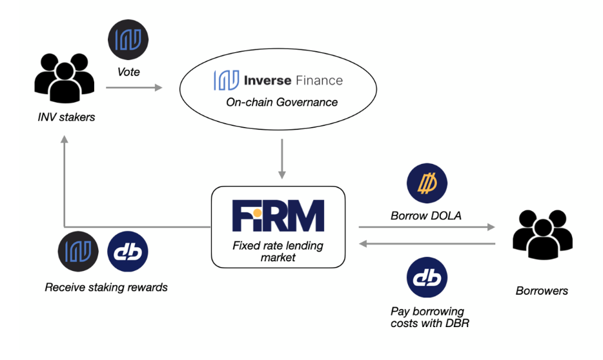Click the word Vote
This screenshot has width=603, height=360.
click(x=128, y=72)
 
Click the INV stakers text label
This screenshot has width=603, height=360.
click(x=66, y=117)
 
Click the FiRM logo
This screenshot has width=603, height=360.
click(x=278, y=216)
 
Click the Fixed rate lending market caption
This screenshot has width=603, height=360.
click(x=278, y=252)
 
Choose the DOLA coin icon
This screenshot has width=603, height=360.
click(x=427, y=184)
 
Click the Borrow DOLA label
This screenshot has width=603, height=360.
click(x=426, y=216)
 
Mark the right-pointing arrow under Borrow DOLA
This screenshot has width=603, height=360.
click(x=426, y=227)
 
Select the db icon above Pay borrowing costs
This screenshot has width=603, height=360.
click(x=427, y=278)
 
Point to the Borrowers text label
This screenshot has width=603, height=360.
click(x=542, y=291)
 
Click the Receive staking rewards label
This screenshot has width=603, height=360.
click(x=107, y=288)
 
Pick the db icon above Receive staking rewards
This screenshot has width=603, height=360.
click(x=127, y=252)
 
